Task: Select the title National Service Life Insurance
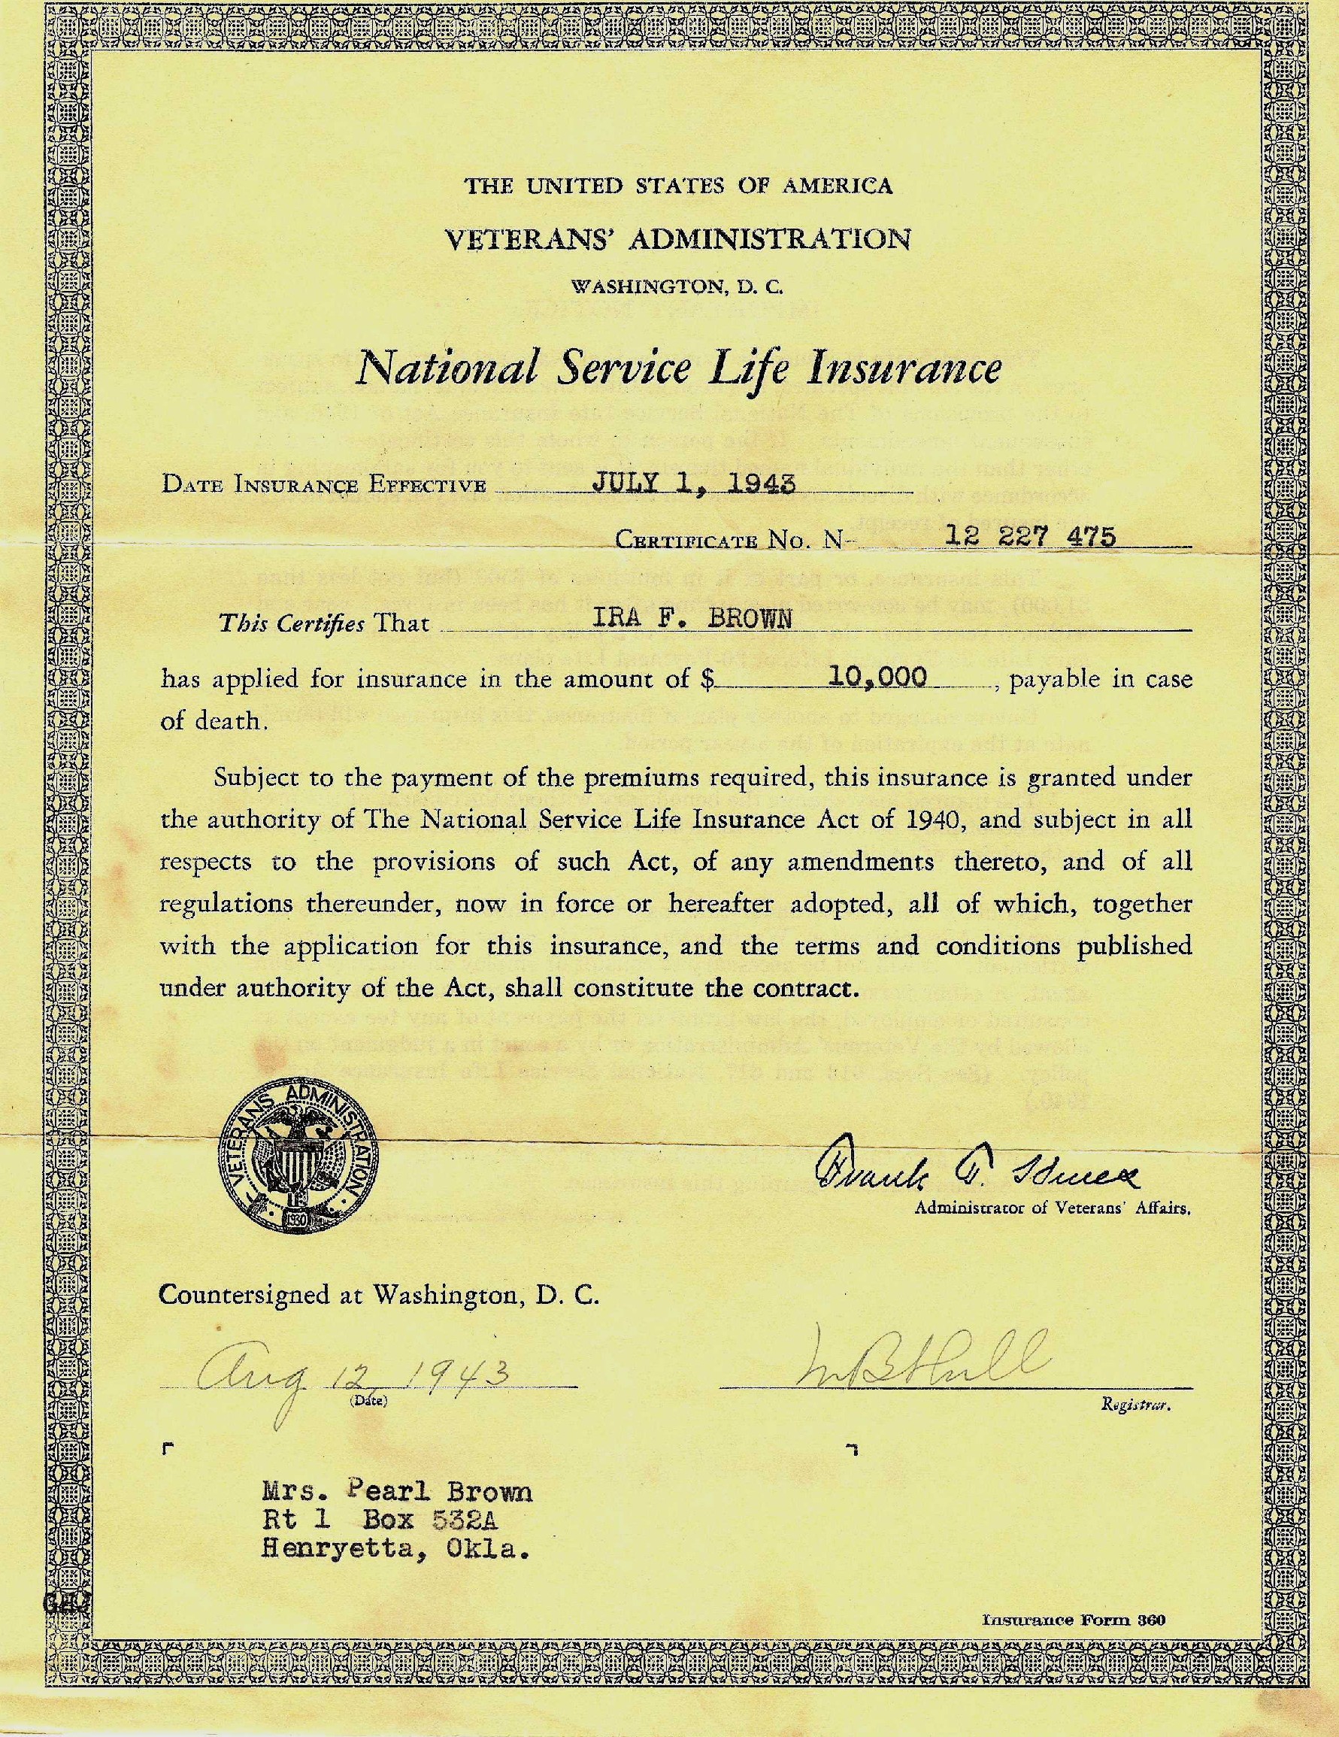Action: tap(677, 369)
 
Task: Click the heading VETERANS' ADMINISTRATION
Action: tap(677, 238)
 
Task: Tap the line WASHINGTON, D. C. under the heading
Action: tap(677, 284)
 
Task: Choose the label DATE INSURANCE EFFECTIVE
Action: tap(323, 484)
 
